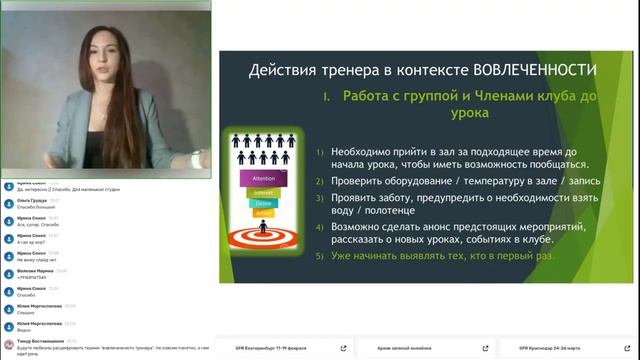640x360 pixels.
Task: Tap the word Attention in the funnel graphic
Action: point(251,176)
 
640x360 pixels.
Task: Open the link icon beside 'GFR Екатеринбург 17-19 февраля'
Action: point(343,349)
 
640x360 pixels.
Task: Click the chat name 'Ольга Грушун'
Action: point(33,198)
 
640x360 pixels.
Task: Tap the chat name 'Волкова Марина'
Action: point(35,270)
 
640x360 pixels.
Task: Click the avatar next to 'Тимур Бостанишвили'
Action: point(9,342)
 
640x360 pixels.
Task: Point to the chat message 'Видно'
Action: point(24,331)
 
